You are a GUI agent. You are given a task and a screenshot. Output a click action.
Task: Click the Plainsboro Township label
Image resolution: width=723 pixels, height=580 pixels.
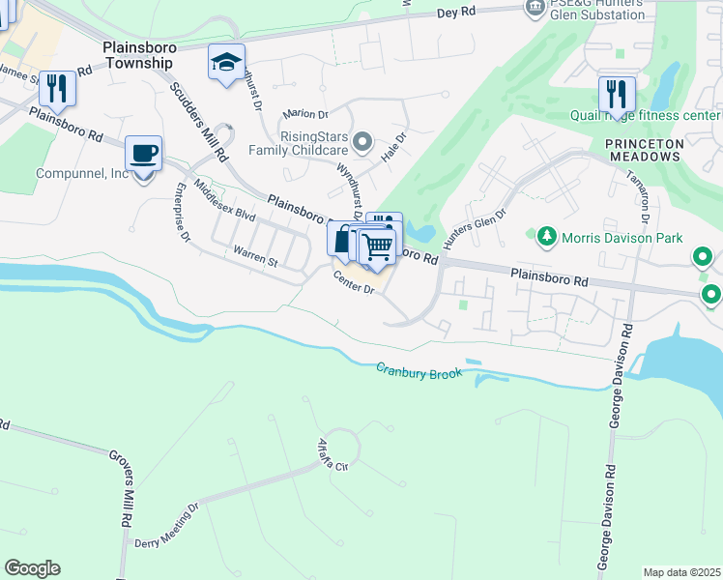click(137, 54)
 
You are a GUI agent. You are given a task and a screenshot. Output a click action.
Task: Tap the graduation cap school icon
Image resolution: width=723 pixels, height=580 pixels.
click(226, 63)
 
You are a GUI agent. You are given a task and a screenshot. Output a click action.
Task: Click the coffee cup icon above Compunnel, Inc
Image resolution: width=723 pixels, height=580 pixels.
click(144, 153)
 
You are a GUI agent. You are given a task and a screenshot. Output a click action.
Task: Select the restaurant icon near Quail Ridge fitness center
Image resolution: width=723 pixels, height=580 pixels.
click(616, 94)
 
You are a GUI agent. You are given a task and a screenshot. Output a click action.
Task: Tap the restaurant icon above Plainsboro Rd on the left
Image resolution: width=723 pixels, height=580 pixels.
click(57, 89)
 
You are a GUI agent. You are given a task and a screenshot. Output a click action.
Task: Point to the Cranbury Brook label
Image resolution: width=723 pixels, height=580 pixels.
click(419, 369)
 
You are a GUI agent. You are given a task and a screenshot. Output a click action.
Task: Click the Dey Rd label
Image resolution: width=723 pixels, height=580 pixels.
click(457, 13)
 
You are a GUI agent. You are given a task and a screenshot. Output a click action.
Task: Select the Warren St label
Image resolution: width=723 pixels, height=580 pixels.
click(255, 261)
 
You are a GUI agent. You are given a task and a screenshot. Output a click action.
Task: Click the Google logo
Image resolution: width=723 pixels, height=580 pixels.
click(32, 568)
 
